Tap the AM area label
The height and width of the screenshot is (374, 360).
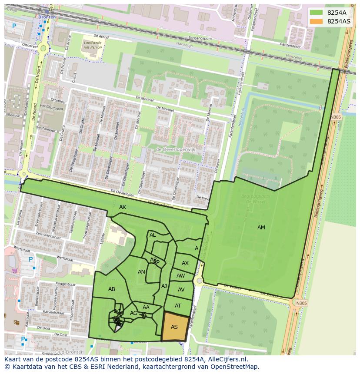click(x=261, y=228)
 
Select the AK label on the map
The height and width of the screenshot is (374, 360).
click(x=123, y=208)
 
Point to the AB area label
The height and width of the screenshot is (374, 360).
click(x=112, y=289)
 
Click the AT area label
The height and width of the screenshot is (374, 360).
click(x=178, y=306)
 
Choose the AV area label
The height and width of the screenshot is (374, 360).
click(x=181, y=290)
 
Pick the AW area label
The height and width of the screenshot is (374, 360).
click(x=180, y=276)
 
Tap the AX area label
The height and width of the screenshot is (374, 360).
click(x=185, y=263)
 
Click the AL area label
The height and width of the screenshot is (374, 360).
click(x=153, y=235)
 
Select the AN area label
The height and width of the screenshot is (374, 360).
click(x=141, y=272)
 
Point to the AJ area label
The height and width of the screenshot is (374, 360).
click(x=164, y=286)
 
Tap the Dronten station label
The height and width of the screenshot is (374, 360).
click(x=47, y=17)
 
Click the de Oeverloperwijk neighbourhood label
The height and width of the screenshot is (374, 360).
click(x=176, y=149)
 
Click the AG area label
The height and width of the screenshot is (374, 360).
click(x=133, y=313)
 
